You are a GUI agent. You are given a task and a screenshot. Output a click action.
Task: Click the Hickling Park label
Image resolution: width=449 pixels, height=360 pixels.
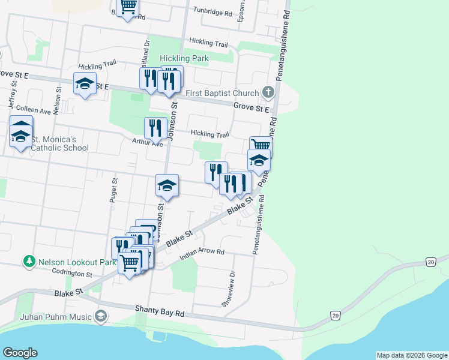tap(184, 59)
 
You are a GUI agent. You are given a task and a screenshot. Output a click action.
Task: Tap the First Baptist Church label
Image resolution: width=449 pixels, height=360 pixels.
tap(221, 93)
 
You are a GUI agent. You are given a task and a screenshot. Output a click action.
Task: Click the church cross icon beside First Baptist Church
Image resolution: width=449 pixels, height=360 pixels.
tap(268, 92)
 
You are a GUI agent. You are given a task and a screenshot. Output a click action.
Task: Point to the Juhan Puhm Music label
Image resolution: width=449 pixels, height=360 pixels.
tap(56, 316)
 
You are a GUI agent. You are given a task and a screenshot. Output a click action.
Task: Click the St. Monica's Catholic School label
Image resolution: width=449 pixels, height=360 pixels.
tap(59, 143)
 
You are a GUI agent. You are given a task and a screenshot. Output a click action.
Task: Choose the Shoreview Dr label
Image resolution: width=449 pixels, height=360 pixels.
tap(229, 289)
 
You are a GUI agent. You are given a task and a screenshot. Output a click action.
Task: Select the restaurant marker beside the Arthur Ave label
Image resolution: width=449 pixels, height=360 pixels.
tap(155, 127)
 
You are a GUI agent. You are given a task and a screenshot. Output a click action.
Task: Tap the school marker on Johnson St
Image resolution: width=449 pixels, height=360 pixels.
tap(167, 185)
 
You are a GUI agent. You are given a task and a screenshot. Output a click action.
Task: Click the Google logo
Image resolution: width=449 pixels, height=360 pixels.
tap(20, 353)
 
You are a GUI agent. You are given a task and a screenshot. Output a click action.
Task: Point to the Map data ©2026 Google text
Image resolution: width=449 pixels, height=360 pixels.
tap(411, 355)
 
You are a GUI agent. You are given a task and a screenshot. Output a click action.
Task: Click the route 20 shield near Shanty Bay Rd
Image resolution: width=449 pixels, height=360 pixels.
tap(334, 315)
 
